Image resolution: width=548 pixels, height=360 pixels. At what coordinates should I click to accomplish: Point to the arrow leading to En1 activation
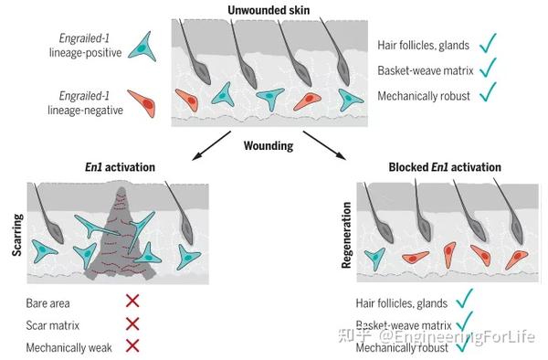[202, 143]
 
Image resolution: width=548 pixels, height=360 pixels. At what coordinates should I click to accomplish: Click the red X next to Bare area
[132, 302]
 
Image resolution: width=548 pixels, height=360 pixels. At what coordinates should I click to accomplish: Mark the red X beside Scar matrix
[132, 323]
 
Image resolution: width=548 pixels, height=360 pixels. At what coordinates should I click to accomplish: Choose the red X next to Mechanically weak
[132, 344]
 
